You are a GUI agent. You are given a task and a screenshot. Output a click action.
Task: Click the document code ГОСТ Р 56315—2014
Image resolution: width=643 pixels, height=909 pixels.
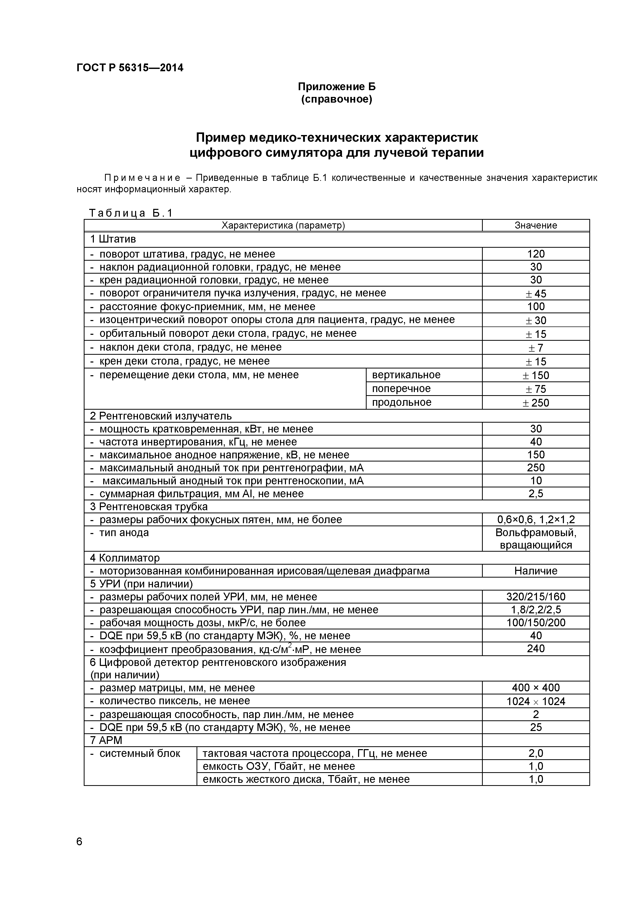(x=130, y=68)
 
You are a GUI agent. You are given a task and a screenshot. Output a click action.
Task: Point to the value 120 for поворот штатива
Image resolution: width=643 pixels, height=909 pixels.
(x=536, y=254)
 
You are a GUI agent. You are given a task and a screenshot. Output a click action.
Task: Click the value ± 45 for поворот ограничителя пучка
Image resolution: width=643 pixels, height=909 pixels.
(x=536, y=293)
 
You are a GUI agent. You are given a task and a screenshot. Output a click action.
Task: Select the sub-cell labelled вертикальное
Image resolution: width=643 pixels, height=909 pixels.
(x=406, y=375)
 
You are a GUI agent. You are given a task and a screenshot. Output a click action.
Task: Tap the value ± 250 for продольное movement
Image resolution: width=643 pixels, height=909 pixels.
(x=536, y=403)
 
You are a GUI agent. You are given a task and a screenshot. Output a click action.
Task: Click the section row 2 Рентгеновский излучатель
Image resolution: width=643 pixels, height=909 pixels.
(x=161, y=416)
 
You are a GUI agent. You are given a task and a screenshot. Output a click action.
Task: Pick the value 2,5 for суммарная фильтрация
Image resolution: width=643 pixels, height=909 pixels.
(x=536, y=494)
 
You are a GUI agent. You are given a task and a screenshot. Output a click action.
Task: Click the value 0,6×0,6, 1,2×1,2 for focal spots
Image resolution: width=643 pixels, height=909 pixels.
(x=536, y=520)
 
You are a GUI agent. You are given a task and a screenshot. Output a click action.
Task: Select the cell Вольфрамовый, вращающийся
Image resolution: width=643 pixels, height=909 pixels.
(x=536, y=538)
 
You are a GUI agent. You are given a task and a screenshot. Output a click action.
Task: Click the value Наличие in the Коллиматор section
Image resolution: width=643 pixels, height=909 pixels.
(x=536, y=571)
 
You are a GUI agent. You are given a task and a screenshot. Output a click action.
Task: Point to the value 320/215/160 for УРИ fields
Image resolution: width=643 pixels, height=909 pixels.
(x=536, y=597)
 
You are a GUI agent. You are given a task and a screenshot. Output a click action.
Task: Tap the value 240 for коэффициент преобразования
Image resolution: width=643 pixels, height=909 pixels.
(x=536, y=649)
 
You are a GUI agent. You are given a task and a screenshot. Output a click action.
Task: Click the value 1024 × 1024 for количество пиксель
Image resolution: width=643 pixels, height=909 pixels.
(x=536, y=701)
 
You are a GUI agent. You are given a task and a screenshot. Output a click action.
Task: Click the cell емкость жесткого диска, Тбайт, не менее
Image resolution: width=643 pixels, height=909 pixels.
(x=306, y=779)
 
